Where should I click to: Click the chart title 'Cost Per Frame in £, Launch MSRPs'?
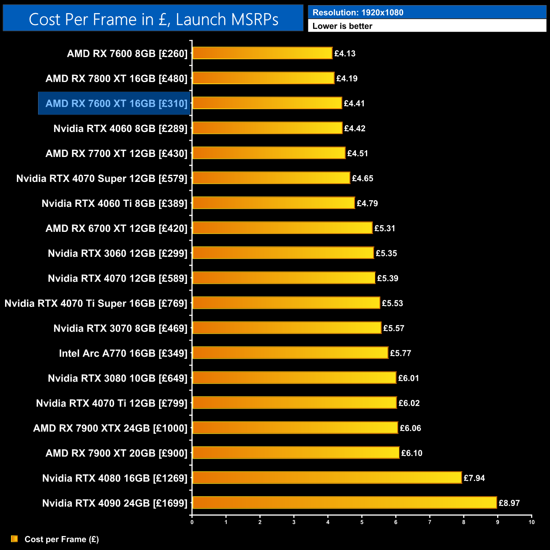(x=153, y=19)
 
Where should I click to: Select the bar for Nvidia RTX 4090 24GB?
(x=344, y=503)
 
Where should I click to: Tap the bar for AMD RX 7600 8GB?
(x=262, y=53)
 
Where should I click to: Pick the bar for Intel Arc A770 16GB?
(x=290, y=353)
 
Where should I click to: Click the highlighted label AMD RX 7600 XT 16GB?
(x=116, y=104)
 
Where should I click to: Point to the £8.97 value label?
(x=509, y=503)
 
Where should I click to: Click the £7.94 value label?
(x=474, y=478)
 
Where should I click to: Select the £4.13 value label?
(x=345, y=54)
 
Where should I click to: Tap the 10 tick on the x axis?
(x=531, y=522)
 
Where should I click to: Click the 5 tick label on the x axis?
(x=362, y=522)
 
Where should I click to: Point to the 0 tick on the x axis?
(x=192, y=522)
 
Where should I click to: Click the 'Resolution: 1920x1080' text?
(x=358, y=13)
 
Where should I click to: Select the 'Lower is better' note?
(x=342, y=26)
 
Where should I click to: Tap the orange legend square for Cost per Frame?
(x=14, y=539)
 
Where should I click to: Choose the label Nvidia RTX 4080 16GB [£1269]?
(x=115, y=478)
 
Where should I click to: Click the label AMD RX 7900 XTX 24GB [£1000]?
(x=110, y=428)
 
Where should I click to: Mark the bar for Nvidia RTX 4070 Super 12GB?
(x=271, y=178)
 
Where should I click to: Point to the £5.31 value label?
(x=385, y=228)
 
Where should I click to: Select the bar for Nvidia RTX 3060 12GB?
(x=283, y=253)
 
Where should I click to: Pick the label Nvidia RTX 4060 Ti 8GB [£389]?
(x=114, y=203)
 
